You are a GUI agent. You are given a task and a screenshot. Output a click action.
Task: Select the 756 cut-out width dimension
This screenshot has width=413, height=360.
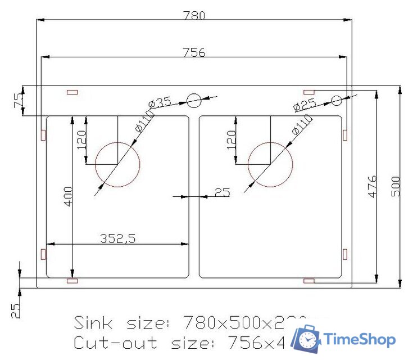pos(194,52)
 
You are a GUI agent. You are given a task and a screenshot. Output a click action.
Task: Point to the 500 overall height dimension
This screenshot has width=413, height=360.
pos(396,186)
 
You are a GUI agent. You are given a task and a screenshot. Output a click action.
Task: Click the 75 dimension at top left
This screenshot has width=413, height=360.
pos(19,101)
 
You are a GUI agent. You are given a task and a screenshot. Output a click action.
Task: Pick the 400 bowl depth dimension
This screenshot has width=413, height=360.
pos(68,197)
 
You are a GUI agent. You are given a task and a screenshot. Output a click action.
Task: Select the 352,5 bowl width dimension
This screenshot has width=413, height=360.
pos(118,238)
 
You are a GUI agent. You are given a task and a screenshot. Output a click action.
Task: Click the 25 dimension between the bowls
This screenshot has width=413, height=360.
pos(223,192)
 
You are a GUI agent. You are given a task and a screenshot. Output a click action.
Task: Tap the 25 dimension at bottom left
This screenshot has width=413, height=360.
pos(15,310)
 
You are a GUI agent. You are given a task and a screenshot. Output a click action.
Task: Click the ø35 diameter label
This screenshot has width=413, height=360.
pos(160,103)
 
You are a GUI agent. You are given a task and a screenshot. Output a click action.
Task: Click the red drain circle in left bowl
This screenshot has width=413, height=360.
pos(117,165)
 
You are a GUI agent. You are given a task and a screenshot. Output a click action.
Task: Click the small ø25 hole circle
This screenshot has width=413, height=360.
pos(336,101)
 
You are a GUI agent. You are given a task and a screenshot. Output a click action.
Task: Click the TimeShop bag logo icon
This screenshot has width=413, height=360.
pos(308,339)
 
